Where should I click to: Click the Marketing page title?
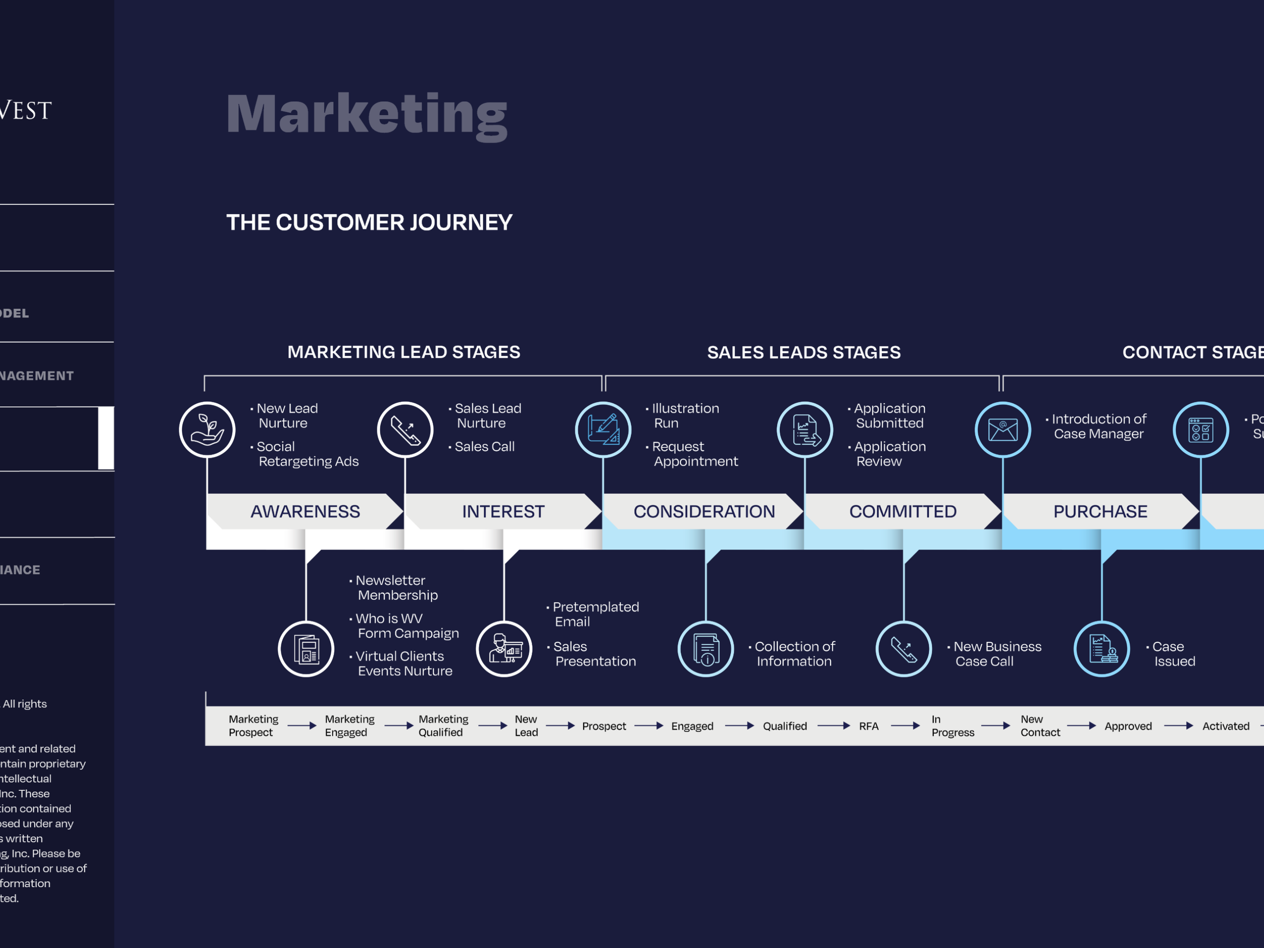coord(367,114)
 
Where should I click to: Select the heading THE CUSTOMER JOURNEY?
coord(369,222)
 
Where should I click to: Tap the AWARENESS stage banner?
coord(305,511)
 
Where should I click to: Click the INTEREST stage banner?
coord(503,511)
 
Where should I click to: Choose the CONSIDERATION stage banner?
coord(704,511)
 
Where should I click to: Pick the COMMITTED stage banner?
coord(902,511)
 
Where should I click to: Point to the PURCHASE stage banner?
coord(1100,511)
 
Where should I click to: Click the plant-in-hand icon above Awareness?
coord(207,430)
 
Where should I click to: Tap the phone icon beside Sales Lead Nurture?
coord(405,430)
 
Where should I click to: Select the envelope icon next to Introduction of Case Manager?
coord(1002,430)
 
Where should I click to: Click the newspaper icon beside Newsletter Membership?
coord(306,649)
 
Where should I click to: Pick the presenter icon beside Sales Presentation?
coord(504,649)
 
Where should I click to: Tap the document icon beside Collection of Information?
coord(706,649)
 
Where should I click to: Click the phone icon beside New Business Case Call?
coord(903,649)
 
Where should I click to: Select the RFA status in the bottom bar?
coord(868,726)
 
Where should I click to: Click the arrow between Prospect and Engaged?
coord(648,726)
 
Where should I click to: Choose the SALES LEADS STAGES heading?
coord(803,352)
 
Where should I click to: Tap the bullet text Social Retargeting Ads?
coord(308,454)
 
